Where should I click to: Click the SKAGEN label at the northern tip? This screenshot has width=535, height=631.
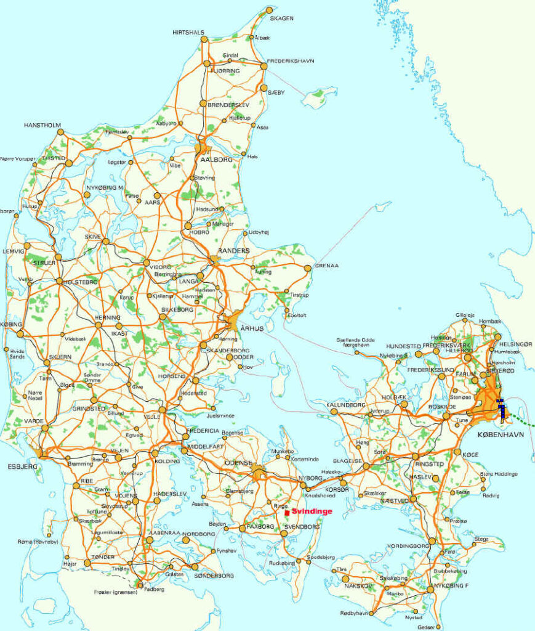click(x=282, y=18)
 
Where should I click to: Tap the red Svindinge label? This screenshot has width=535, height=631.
click(x=312, y=511)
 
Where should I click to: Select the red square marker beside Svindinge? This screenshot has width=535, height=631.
click(x=287, y=513)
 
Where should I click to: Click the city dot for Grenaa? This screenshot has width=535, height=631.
click(x=308, y=268)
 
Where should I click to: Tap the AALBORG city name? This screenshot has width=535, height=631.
click(x=215, y=160)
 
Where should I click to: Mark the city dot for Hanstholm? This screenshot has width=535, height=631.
click(x=60, y=132)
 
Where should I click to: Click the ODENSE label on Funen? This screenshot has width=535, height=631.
click(x=238, y=463)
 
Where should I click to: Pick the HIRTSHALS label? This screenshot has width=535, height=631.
click(x=188, y=32)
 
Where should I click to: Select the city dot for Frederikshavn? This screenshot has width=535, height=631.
click(x=263, y=66)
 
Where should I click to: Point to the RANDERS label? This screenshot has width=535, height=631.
click(x=233, y=251)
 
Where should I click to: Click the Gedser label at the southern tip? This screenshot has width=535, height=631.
click(x=425, y=628)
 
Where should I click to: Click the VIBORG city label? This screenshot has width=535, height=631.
click(x=159, y=267)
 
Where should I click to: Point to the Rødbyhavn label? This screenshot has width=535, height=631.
click(x=355, y=613)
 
